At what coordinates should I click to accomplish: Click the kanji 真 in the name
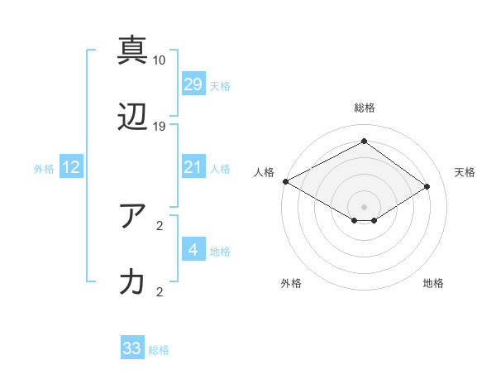click(133, 50)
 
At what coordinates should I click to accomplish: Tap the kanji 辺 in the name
click(133, 118)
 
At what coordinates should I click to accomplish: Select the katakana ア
click(133, 216)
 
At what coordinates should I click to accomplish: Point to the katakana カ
click(133, 283)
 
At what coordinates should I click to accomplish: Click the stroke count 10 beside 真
click(160, 60)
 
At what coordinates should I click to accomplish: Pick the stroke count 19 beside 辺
click(160, 127)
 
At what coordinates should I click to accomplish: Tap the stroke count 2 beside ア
click(160, 225)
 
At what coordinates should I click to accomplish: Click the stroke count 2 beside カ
click(160, 291)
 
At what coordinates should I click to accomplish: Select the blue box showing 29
click(193, 84)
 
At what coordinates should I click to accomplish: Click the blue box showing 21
click(193, 168)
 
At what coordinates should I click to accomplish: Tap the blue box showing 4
click(193, 250)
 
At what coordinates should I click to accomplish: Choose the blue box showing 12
click(71, 168)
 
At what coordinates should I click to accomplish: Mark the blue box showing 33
click(132, 349)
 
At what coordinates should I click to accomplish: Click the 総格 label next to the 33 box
click(159, 350)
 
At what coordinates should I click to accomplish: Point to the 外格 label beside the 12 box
click(44, 169)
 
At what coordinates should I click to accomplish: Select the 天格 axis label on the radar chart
click(465, 172)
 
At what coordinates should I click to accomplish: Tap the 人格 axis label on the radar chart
click(265, 172)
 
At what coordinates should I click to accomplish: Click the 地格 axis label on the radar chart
click(433, 283)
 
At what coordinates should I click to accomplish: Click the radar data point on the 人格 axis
click(286, 181)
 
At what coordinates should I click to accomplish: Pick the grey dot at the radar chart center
click(364, 206)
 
